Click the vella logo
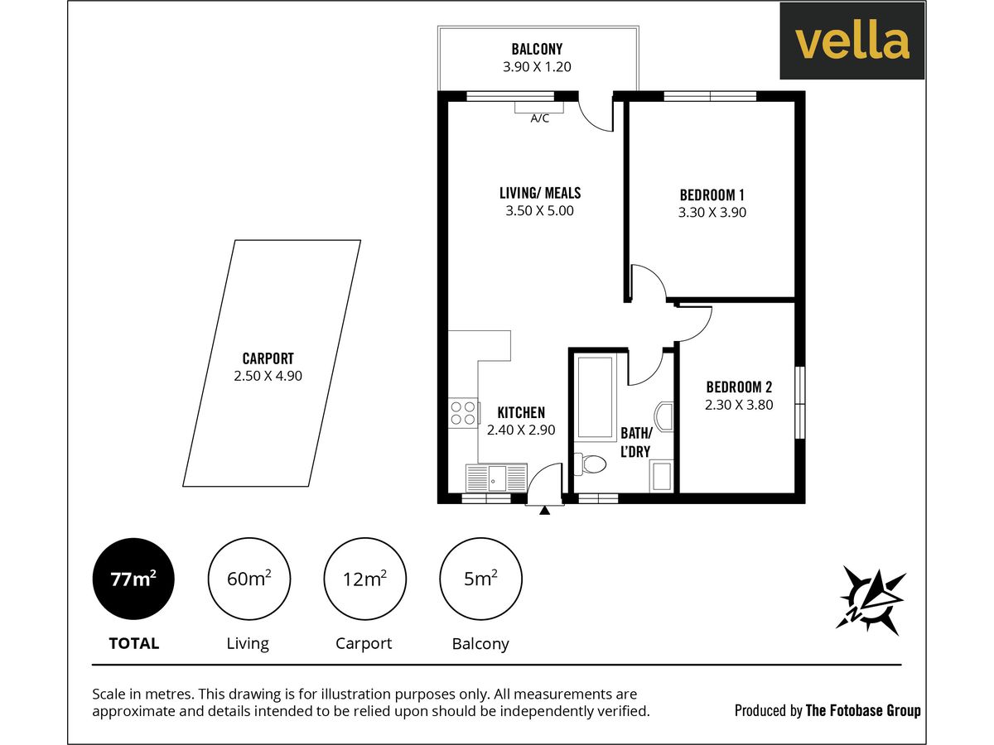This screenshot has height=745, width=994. [x=852, y=41]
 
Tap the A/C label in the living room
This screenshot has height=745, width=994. [x=539, y=118]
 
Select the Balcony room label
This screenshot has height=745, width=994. [x=537, y=50]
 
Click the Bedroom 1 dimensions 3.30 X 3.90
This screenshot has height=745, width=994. [x=712, y=212]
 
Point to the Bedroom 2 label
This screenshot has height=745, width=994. [x=739, y=387]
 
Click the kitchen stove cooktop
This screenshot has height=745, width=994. [x=463, y=413]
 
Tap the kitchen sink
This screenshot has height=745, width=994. [x=496, y=478]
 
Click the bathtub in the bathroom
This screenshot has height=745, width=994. [x=595, y=397]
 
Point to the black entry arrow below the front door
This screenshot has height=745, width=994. [x=544, y=511]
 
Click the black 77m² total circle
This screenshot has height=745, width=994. [x=133, y=579]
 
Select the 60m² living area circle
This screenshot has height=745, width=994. [x=248, y=579]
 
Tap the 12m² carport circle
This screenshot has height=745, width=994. [x=364, y=579]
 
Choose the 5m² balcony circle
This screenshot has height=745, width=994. [x=480, y=579]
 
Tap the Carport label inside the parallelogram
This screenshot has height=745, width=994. [x=268, y=358]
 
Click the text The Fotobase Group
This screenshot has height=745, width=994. [x=862, y=710]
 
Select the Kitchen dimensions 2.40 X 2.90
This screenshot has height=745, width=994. [x=520, y=430]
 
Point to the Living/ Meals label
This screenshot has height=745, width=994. [x=539, y=193]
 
